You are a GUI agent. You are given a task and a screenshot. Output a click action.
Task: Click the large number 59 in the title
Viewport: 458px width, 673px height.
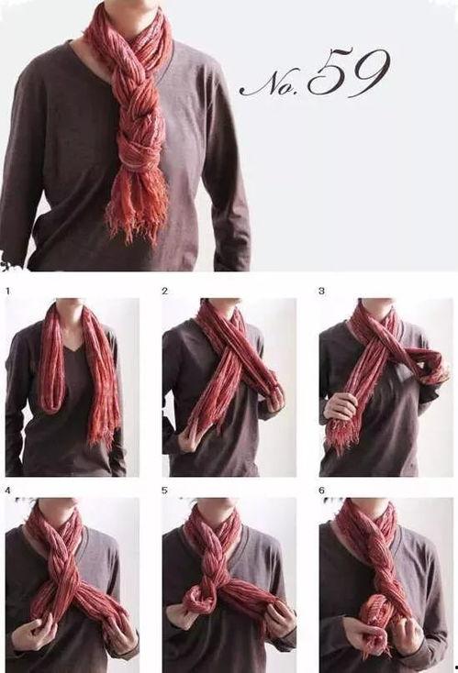click(349, 73)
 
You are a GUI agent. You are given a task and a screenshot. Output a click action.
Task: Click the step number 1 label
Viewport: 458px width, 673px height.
click(7, 291)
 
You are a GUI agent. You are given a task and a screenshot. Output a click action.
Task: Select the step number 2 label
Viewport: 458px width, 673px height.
click(165, 291)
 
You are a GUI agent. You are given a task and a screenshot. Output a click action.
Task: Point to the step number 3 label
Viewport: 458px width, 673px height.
click(322, 291)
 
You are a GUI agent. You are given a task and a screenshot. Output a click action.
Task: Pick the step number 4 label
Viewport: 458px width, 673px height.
click(7, 491)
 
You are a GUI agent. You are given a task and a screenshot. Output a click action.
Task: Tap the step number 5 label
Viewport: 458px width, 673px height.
click(165, 491)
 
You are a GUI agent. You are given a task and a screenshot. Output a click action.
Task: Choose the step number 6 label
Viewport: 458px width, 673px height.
click(322, 491)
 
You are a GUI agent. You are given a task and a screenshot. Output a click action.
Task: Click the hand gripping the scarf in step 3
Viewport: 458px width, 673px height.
click(341, 406)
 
